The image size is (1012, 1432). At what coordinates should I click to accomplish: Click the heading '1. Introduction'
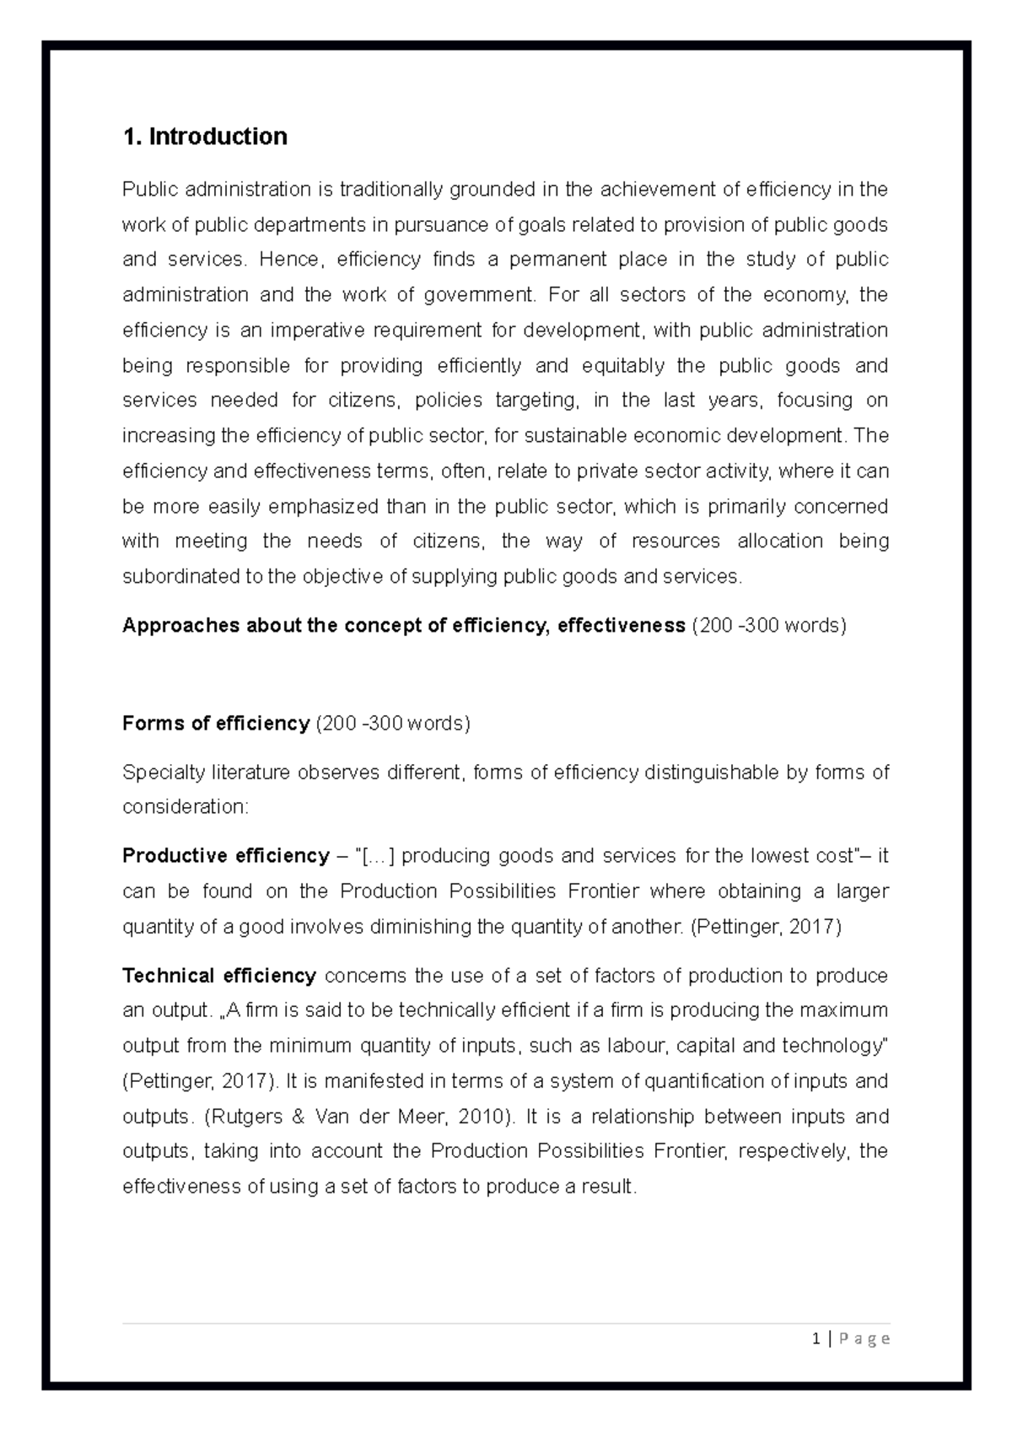coord(205,137)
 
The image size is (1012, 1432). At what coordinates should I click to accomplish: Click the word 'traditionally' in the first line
coord(390,190)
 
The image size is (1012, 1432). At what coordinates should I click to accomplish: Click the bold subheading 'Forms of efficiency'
coord(216,724)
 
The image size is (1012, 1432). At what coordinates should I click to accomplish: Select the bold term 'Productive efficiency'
coord(225,856)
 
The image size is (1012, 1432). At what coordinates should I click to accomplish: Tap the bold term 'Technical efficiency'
coord(219,976)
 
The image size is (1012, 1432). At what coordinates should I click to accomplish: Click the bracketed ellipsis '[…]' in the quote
coord(378,856)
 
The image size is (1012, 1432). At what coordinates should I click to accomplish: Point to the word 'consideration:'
coord(186,807)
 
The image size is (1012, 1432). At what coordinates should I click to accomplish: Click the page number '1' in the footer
coord(816,1338)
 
